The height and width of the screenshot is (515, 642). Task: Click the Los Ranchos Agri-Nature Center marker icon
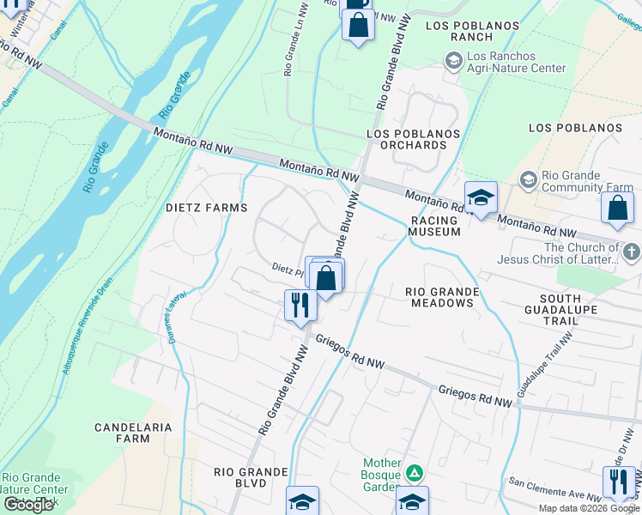coord(453,61)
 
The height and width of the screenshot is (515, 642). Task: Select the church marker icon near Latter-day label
coord(631,252)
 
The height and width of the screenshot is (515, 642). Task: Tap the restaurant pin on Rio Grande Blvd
coord(300,305)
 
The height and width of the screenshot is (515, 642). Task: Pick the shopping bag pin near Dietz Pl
coord(326,278)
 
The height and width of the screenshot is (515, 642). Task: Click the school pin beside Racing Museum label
coord(481,197)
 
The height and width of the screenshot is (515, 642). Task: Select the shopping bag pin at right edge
coord(617,208)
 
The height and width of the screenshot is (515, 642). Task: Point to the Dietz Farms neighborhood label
coord(206,208)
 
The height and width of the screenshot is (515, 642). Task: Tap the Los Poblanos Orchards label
coord(413,141)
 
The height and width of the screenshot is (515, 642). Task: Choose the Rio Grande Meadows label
coord(442,297)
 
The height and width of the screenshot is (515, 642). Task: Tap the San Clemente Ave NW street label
coord(553,489)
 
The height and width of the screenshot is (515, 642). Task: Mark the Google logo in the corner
coord(28,505)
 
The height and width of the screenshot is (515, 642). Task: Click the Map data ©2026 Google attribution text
coord(589,508)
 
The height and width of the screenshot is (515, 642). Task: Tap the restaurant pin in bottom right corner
coord(617,481)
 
